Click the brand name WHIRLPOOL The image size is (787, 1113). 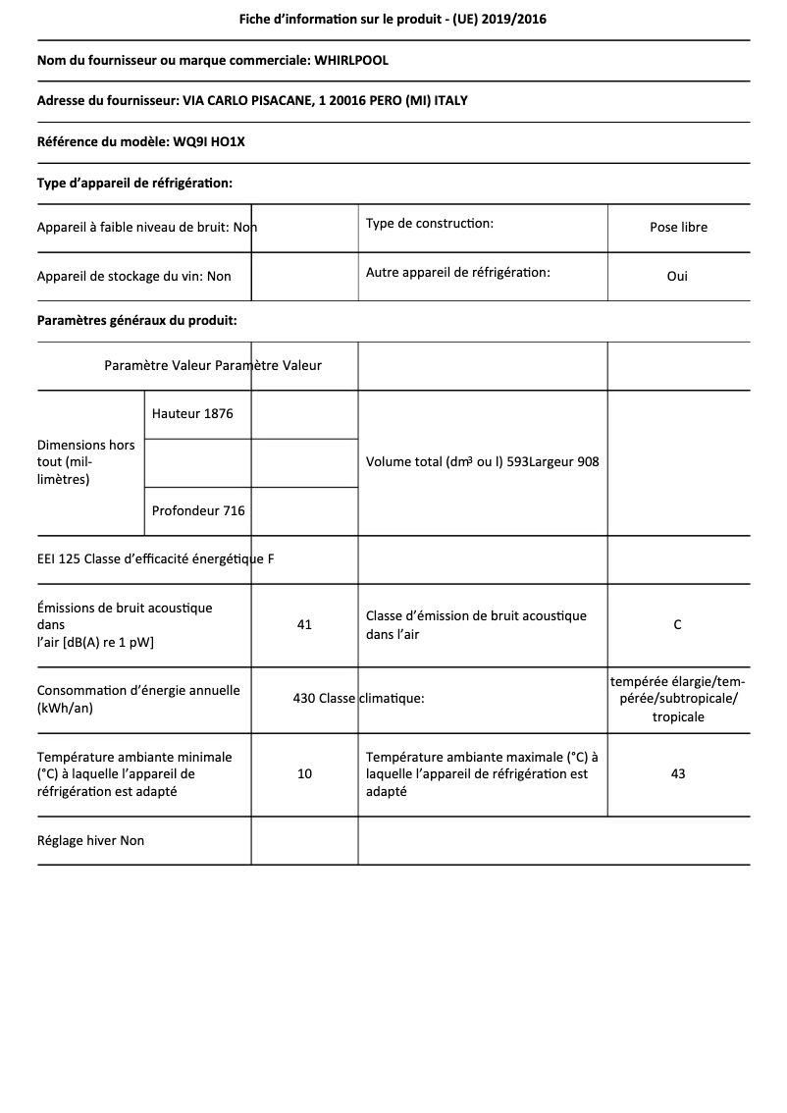(x=350, y=60)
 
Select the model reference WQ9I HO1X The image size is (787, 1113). (x=209, y=142)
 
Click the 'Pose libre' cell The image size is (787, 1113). (x=678, y=228)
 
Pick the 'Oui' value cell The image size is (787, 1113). (x=677, y=277)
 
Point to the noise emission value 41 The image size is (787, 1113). (x=304, y=625)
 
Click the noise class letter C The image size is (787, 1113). (x=678, y=625)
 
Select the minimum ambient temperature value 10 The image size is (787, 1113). (x=304, y=774)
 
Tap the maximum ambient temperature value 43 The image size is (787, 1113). (x=678, y=774)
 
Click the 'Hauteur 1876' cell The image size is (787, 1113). (x=192, y=414)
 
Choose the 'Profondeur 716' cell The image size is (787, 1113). (x=198, y=511)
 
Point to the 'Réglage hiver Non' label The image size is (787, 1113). (x=90, y=841)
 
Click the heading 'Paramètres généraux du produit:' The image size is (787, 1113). (x=136, y=321)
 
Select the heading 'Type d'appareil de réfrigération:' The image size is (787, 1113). (x=134, y=184)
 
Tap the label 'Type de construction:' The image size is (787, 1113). (x=429, y=224)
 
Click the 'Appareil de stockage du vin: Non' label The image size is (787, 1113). (x=133, y=277)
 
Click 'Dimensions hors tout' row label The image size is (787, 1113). (x=86, y=462)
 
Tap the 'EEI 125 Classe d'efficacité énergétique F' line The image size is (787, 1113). (x=155, y=560)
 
